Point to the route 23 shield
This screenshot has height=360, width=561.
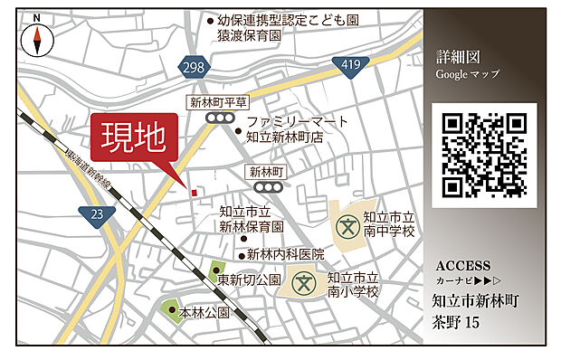[97, 213]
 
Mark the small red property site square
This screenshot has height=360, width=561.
[193, 190]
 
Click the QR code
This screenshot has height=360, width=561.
[484, 155]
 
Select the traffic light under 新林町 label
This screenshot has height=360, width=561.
[266, 187]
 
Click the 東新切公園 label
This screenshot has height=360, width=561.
[250, 279]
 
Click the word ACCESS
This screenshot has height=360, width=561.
[463, 266]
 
